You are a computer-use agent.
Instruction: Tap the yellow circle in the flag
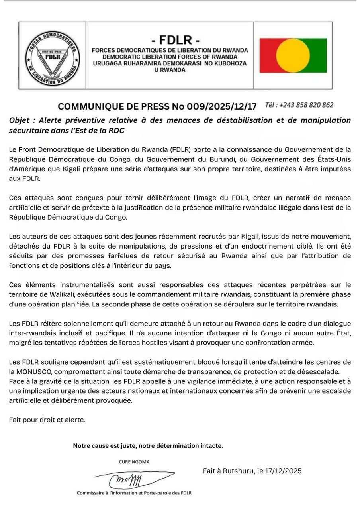point(293,55)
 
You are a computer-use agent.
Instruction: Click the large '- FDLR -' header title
point(170,40)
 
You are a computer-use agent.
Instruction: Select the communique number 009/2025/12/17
point(229,106)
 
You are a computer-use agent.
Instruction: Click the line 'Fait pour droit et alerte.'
point(47,420)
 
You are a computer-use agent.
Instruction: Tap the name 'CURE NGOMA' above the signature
point(134,462)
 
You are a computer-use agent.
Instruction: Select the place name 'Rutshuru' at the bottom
point(238,471)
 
